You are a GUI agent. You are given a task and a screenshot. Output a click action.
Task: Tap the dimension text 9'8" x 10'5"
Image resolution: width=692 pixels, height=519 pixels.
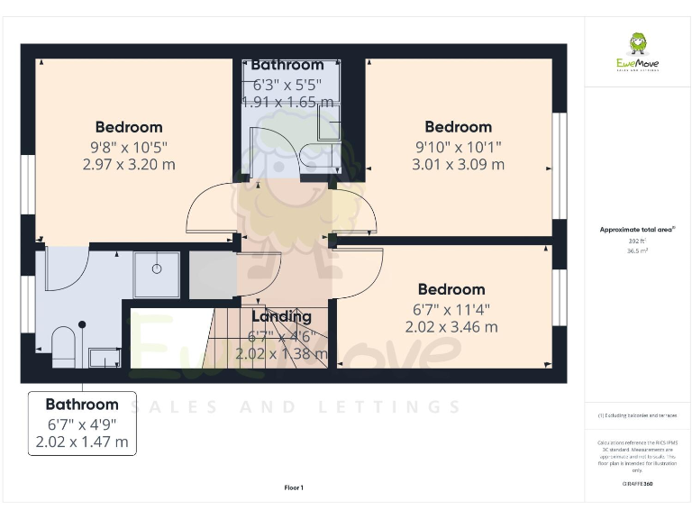129,147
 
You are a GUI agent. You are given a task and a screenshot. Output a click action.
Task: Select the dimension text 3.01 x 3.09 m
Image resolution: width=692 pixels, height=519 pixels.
458,165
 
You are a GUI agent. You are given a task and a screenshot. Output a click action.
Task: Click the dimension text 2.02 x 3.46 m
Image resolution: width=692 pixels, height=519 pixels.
451,327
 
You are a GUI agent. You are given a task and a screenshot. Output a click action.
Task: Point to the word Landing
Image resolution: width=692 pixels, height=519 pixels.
281,316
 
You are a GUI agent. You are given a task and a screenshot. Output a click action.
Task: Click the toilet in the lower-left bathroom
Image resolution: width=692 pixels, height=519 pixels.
63,346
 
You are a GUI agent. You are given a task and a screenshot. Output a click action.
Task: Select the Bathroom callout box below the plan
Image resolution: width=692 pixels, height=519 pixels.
82,423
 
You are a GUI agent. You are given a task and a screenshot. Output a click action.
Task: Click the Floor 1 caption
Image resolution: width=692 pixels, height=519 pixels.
294,487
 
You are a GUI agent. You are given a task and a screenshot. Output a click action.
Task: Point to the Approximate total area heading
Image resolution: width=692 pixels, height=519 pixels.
637,230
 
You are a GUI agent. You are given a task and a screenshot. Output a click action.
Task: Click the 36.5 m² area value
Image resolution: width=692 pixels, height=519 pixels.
637,251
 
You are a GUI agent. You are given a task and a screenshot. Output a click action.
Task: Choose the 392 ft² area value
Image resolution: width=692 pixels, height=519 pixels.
637,241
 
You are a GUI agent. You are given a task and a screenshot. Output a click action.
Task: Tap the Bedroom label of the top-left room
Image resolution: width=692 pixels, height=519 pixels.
129,127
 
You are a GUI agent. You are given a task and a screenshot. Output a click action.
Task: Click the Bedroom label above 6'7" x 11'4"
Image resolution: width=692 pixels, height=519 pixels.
451,289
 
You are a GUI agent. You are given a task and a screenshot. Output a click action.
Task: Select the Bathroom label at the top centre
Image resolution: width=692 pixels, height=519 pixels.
287,65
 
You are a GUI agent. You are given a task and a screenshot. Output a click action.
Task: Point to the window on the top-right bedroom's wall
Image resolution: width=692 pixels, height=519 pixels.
560,166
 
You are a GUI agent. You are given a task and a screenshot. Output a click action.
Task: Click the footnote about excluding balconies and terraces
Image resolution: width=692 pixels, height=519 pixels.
637,415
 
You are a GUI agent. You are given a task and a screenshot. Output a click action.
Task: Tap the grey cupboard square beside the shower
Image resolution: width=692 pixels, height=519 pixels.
212,275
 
